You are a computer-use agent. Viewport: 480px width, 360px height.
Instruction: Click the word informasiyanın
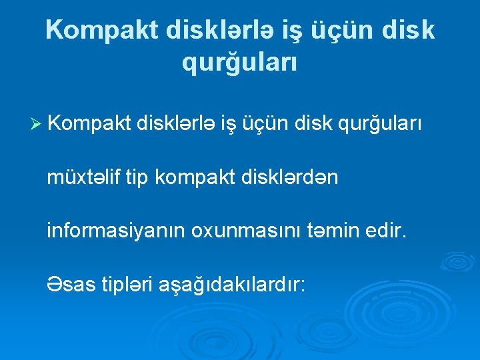(x=116, y=232)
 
